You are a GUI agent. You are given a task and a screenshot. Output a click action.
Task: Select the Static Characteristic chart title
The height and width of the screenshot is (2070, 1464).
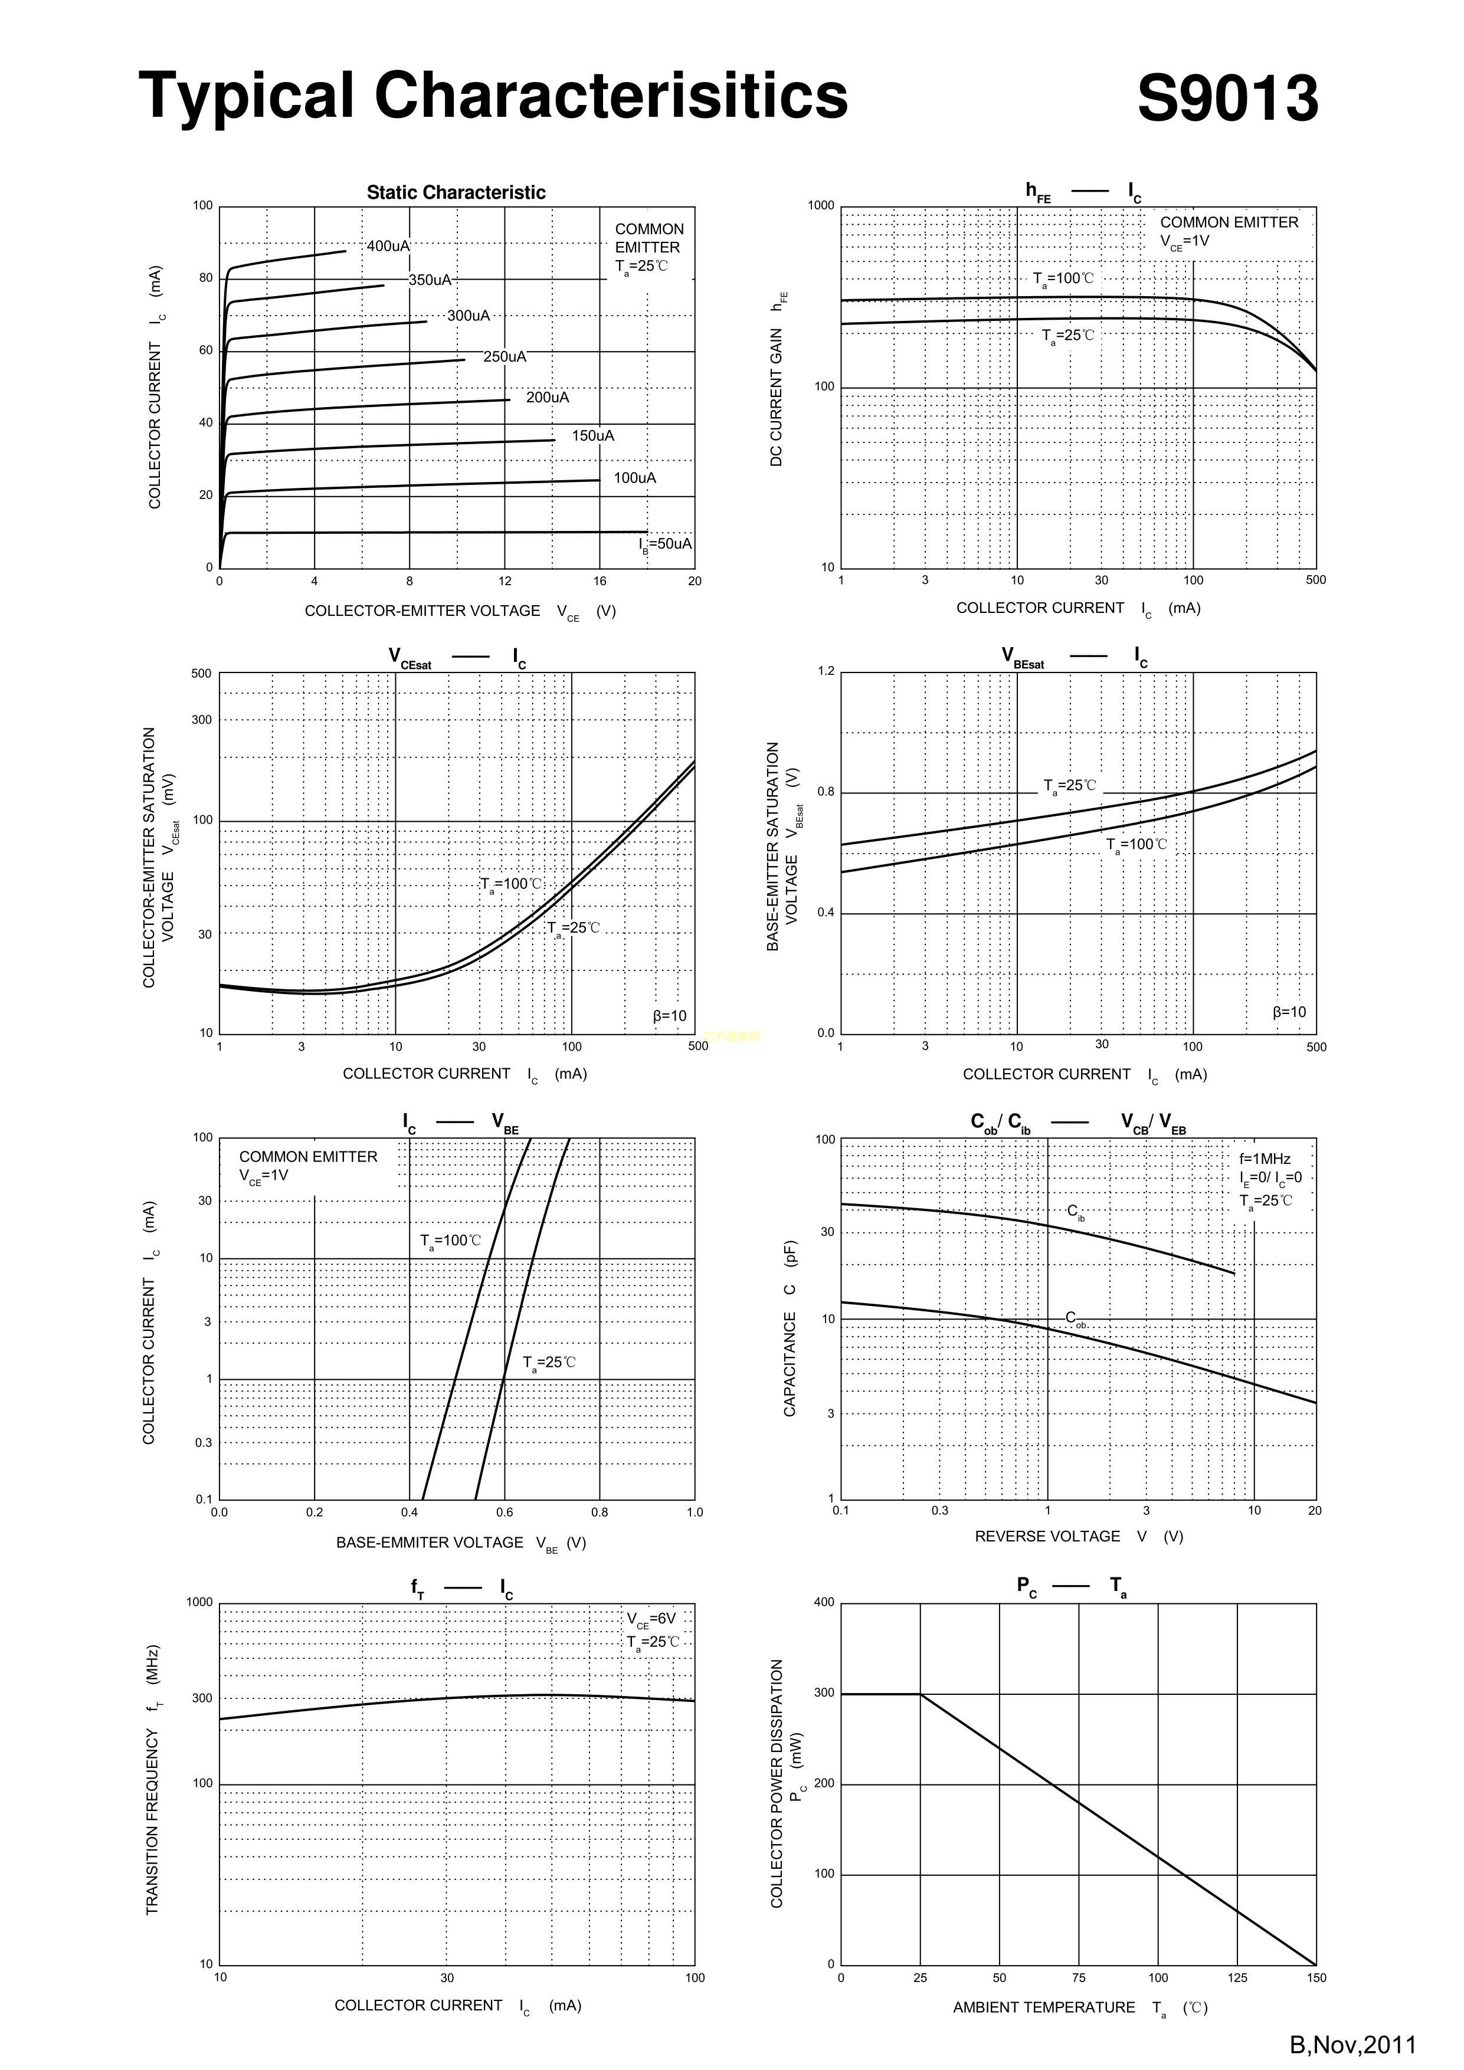pos(456,192)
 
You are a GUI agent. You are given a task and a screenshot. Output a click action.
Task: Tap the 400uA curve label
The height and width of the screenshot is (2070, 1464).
pos(388,246)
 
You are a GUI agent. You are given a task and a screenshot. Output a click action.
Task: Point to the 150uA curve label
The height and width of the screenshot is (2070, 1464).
pos(592,437)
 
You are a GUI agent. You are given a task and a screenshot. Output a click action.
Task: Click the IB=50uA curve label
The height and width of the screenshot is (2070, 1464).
pos(665,544)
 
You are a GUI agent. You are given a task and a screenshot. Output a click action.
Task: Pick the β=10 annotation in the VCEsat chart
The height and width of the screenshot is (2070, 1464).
pos(669,1016)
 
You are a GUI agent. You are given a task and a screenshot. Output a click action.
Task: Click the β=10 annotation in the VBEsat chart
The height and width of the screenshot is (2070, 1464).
pos(1289,1012)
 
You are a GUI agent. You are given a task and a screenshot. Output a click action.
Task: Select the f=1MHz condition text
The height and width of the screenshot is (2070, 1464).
pos(1265,1159)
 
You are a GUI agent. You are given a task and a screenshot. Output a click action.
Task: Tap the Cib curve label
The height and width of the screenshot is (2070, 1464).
pos(1075,1213)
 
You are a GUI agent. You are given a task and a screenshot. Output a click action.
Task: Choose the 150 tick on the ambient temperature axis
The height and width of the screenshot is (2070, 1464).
pos(1315,1978)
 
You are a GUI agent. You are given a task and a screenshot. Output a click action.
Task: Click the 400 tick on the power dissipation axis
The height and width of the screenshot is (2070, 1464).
pos(824,1602)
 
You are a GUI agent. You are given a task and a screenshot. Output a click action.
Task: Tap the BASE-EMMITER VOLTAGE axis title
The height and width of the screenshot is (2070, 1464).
pos(430,1543)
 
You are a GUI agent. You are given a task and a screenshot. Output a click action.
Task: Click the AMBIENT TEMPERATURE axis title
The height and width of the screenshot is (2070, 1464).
pos(1044,2008)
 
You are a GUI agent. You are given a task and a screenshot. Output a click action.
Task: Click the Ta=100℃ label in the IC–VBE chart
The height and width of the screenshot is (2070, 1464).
pos(450,1241)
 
